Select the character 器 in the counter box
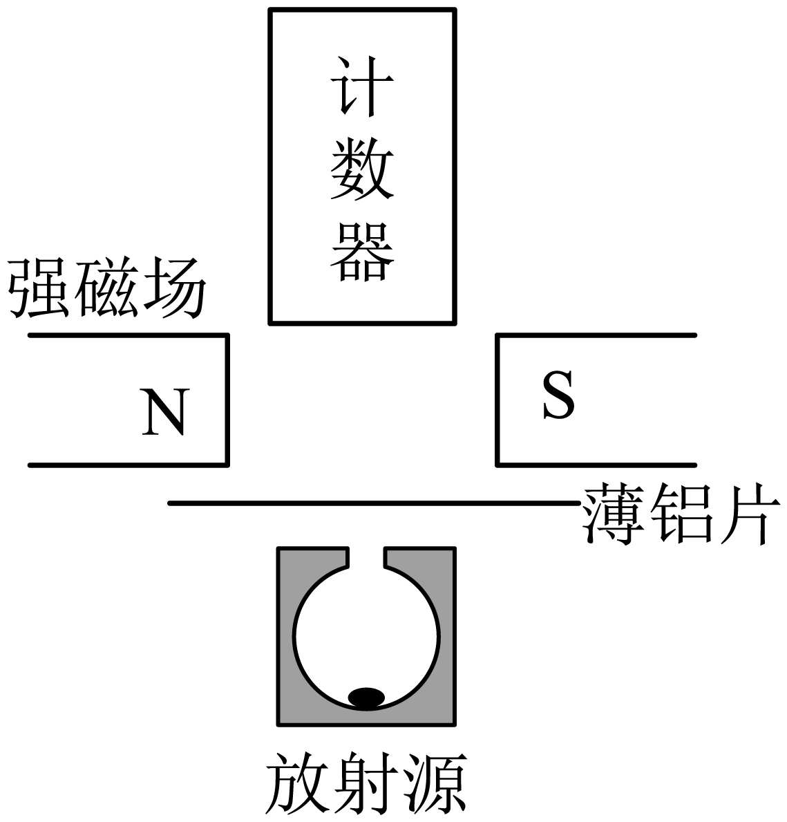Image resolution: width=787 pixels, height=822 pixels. point(362,250)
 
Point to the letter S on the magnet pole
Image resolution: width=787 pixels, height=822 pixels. point(558,396)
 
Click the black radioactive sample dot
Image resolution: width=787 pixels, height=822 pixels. point(366,698)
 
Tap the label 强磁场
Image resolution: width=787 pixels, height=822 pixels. point(107,288)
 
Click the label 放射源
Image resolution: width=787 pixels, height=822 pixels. point(366,784)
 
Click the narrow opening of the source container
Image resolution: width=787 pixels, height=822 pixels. point(366,557)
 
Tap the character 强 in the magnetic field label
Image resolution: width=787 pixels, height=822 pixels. point(40,288)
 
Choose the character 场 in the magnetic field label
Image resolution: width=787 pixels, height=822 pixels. point(173,288)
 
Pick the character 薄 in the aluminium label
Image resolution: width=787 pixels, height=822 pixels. point(614,515)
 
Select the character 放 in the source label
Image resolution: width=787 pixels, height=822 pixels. point(298,784)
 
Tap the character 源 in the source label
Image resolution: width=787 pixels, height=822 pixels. point(434,784)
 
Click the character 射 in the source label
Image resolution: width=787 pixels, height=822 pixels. point(366,784)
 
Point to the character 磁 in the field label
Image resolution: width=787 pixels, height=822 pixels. point(106,288)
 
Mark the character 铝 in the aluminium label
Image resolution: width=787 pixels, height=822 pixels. point(679,515)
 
